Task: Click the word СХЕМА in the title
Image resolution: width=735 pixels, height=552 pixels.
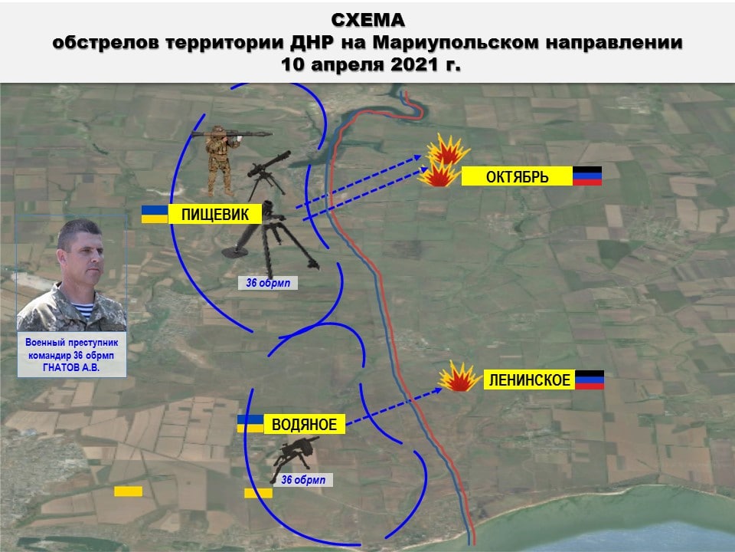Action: [368, 20]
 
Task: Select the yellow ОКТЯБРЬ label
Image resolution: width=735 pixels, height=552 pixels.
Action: [517, 176]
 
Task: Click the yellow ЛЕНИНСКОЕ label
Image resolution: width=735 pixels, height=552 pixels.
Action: [529, 379]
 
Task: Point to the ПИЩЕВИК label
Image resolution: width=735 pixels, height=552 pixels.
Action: [215, 214]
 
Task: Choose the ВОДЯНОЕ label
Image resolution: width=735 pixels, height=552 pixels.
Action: [304, 424]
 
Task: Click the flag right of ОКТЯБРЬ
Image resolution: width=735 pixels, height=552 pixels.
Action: [587, 176]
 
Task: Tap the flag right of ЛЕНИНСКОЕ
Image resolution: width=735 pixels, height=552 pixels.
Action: [590, 379]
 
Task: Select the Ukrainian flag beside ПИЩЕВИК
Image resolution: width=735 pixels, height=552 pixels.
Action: [155, 214]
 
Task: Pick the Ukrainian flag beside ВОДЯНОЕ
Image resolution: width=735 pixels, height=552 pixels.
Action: [250, 424]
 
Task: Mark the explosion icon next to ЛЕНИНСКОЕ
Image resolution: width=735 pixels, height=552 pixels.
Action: [459, 376]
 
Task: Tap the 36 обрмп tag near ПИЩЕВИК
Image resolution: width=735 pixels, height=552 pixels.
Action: [268, 283]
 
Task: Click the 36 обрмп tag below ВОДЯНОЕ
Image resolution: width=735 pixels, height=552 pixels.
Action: [303, 480]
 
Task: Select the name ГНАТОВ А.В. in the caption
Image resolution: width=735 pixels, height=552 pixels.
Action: [71, 367]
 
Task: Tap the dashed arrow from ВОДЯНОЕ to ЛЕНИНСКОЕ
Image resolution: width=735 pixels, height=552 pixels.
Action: [394, 406]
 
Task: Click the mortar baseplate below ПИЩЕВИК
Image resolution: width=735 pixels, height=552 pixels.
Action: [235, 252]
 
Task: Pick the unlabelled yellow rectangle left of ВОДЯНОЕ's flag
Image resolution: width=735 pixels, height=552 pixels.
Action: [129, 491]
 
